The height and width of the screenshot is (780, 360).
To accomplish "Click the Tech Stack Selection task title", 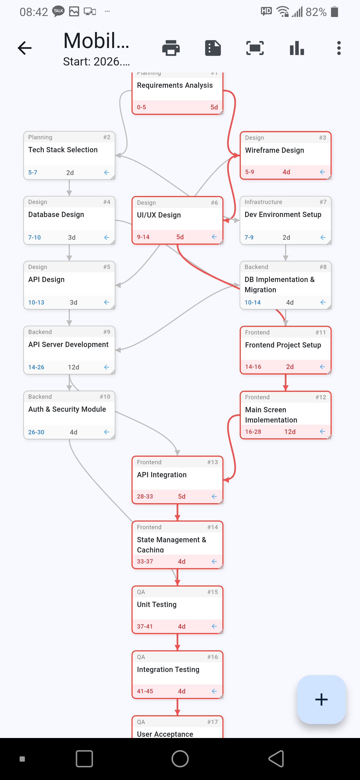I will (63, 150).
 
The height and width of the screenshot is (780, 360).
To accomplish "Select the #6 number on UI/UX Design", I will (214, 203).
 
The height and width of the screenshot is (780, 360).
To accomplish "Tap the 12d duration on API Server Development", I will (73, 367).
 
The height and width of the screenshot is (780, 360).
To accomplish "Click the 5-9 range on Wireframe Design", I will (249, 172).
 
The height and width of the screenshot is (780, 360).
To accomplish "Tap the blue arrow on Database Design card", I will (106, 237).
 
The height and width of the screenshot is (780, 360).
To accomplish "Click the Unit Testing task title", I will (156, 605).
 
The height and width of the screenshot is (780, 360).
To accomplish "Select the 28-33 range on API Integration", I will (145, 496).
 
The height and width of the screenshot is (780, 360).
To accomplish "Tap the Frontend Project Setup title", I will (283, 345).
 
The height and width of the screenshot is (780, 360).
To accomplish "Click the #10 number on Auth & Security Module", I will (105, 397).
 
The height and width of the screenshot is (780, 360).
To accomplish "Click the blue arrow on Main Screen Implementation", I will (322, 431).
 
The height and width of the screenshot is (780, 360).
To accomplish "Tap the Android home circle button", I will (180, 759).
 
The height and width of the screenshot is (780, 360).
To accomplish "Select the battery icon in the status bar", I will (334, 12).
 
